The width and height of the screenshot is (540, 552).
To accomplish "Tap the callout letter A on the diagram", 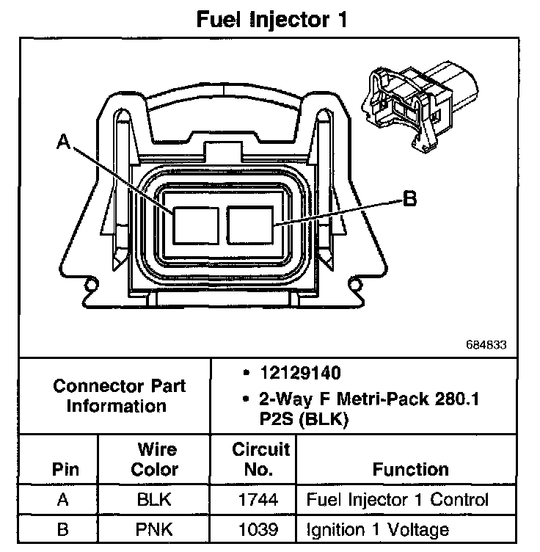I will (x=63, y=144).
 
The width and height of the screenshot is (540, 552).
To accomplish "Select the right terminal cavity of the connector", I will (x=249, y=224).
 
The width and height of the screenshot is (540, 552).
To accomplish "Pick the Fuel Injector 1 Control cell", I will (x=397, y=501).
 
